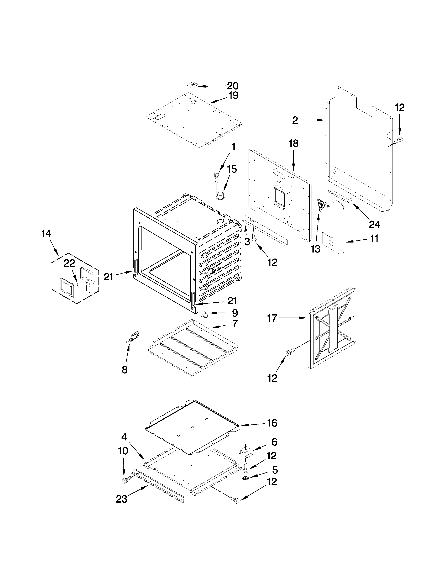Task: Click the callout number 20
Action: (233, 86)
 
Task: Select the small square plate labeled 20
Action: (193, 85)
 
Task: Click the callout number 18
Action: (293, 144)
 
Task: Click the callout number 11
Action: (374, 239)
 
